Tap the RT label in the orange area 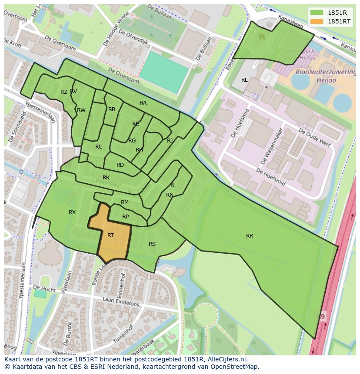(x=110, y=235)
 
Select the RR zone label (x=250, y=236)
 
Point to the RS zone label (x=152, y=244)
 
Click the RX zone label (x=72, y=212)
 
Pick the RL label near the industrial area (x=244, y=80)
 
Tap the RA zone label (x=143, y=103)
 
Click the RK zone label (x=106, y=178)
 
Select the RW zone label (x=81, y=110)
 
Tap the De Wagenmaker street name (x=272, y=146)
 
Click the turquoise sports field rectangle (x=164, y=72)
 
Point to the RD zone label (x=120, y=165)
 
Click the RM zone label (x=125, y=202)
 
